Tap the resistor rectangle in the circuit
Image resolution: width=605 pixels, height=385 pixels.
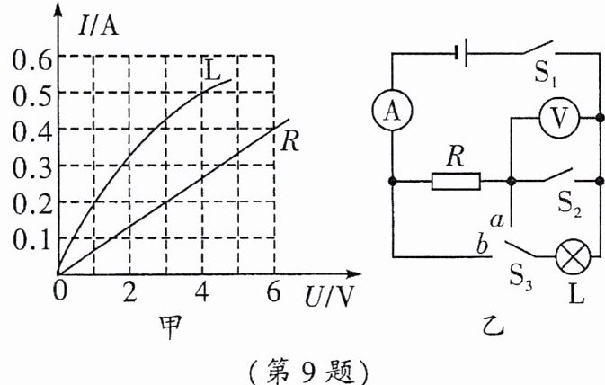coord(456,181)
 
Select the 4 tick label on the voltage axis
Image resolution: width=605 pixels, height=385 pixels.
coord(201,292)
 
